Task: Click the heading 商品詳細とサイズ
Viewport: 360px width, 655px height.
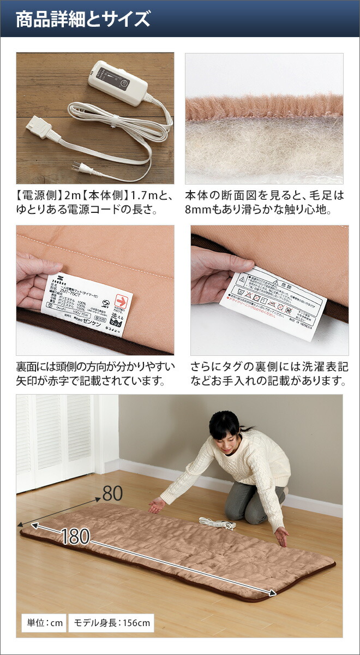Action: [83, 20]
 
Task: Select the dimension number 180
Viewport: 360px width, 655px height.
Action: [75, 536]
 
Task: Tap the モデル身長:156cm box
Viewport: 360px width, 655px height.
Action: [111, 622]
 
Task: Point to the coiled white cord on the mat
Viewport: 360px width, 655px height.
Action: [217, 523]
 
